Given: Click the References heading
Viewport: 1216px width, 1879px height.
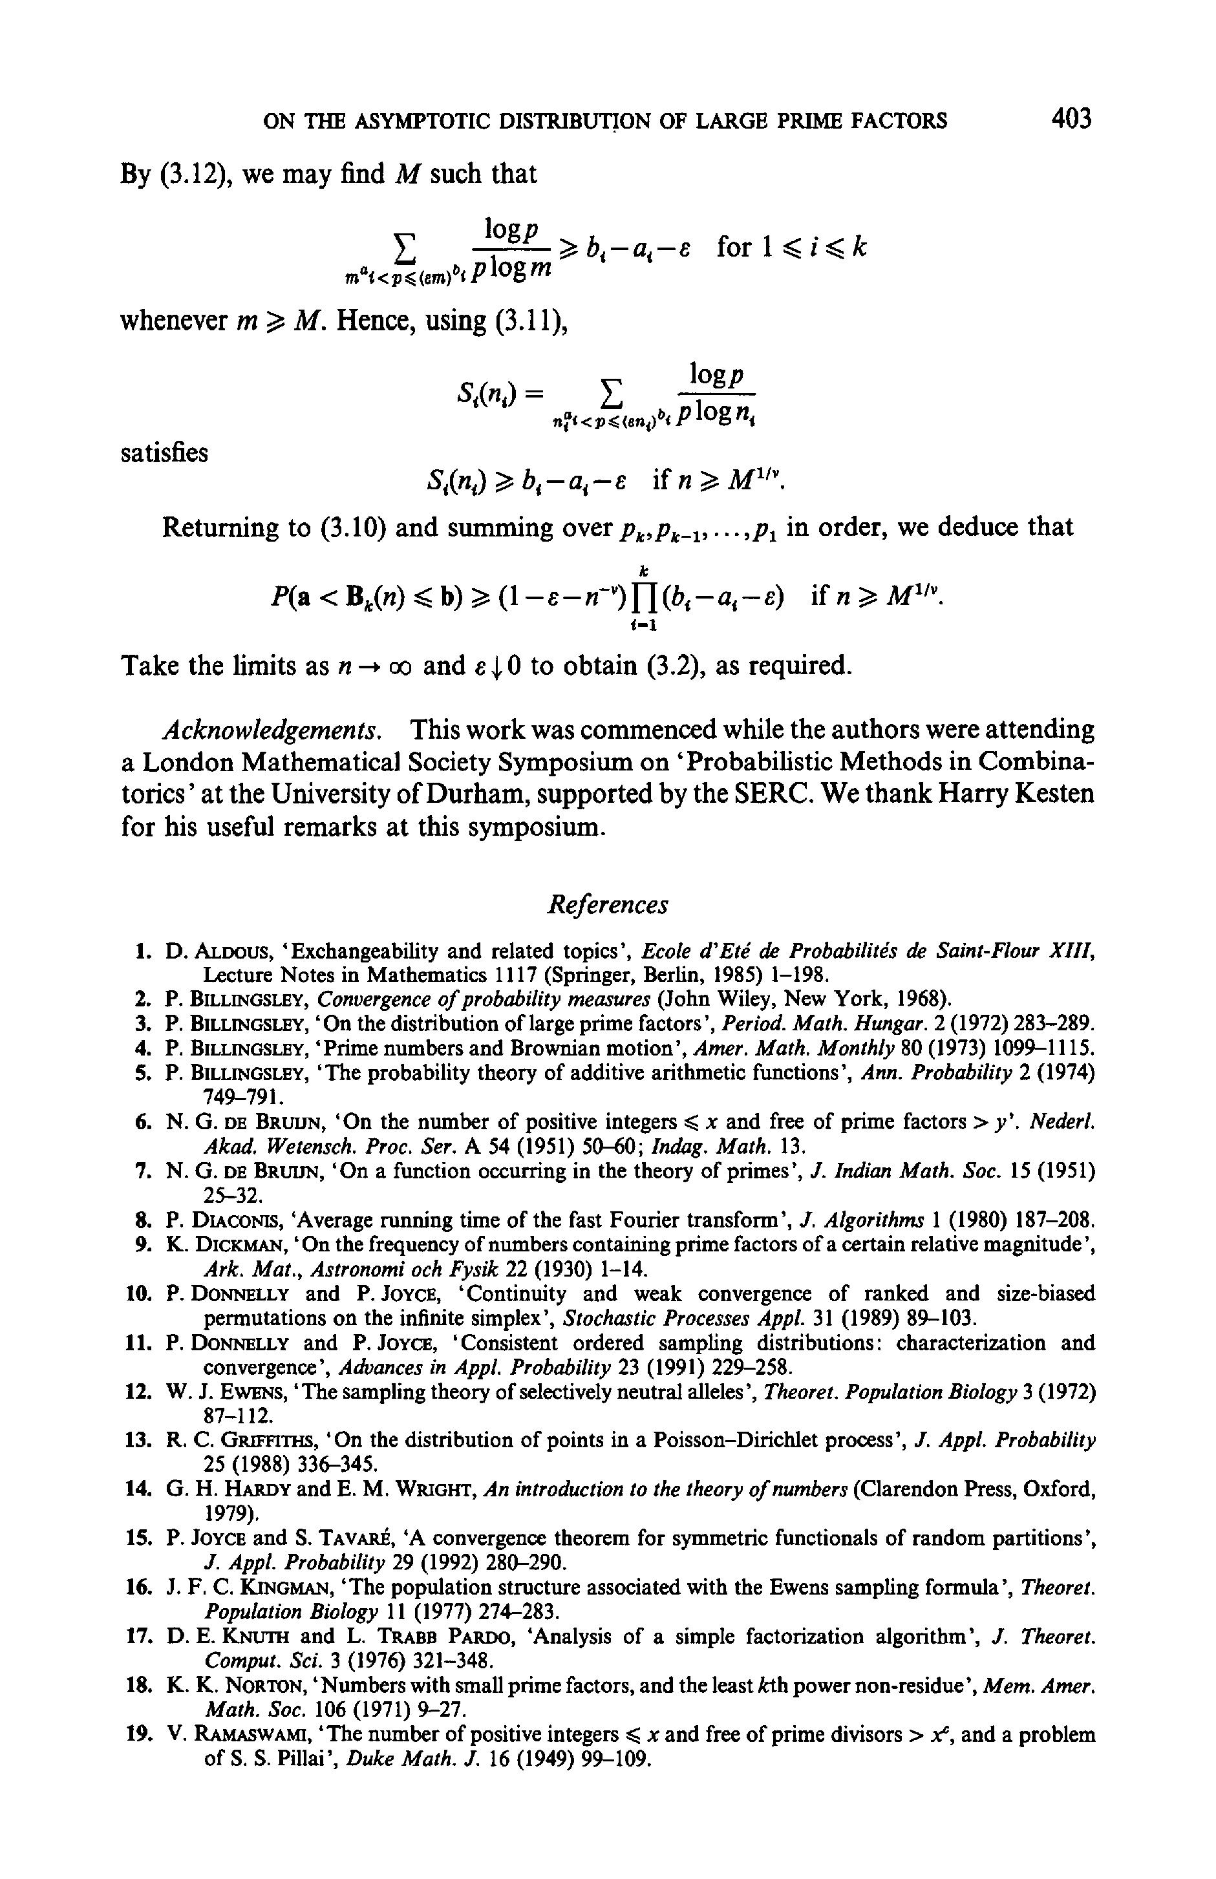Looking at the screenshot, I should tap(607, 905).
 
